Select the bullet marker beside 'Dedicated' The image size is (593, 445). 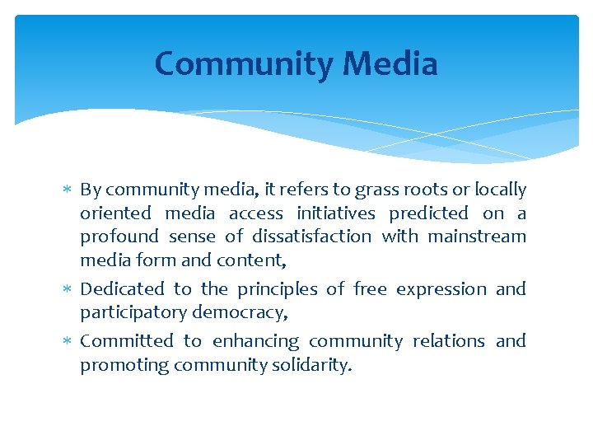coord(68,290)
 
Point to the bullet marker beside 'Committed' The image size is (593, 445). coord(68,342)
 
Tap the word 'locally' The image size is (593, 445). coord(498,190)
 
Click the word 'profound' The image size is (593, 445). coord(119,237)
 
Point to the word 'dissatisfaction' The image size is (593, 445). coord(312,237)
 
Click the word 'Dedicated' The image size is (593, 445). coord(122,289)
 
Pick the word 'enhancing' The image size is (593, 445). coord(255,341)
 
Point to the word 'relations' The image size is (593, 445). coord(448,341)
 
